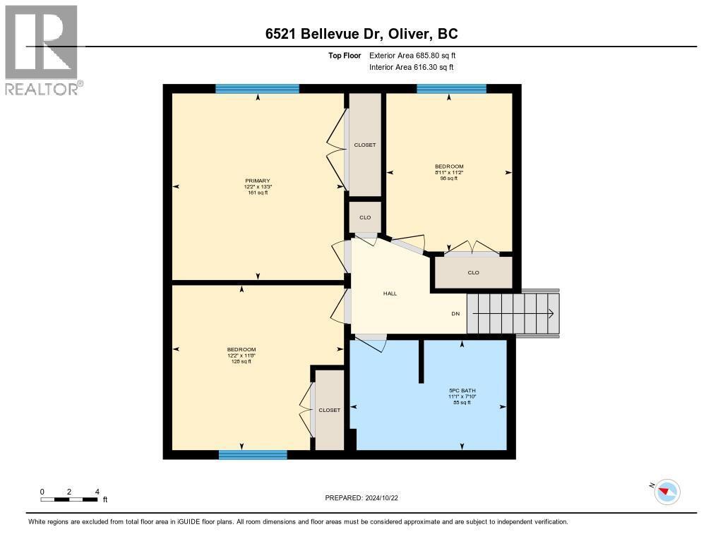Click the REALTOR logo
[42, 49]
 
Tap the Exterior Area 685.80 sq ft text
[417, 55]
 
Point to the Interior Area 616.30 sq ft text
[411, 67]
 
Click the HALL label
[390, 293]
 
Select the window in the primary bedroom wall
[257, 89]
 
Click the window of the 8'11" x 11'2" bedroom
[451, 89]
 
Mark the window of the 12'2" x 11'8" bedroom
[253, 455]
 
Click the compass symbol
[667, 492]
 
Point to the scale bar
[69, 499]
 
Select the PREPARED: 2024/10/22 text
[366, 498]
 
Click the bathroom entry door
[371, 343]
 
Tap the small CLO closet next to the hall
[365, 217]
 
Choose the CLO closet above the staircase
[473, 272]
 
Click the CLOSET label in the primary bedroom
[365, 145]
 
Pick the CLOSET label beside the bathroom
[329, 410]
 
